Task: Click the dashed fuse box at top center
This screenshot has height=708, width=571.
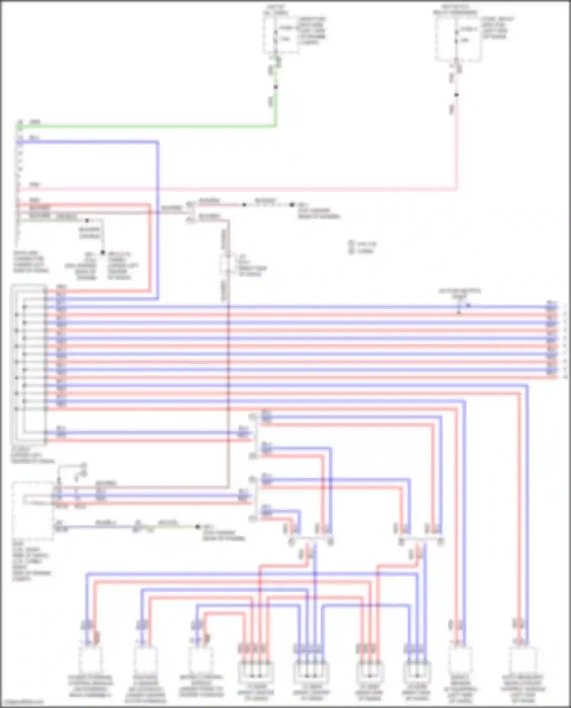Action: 281,34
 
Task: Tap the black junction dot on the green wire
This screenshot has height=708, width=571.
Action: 276,87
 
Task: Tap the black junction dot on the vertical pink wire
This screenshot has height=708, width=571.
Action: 456,95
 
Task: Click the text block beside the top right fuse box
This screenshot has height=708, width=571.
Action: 498,27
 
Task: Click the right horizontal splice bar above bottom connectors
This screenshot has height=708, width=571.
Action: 421,540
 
